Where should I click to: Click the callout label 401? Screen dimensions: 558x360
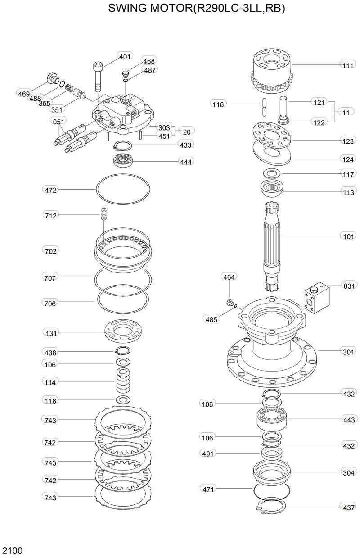point(125,56)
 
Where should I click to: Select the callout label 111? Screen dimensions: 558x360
point(347,65)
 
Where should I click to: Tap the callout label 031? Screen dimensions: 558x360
point(349,285)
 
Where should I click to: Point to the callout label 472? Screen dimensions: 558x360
point(51,190)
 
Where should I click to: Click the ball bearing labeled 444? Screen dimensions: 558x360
point(122,159)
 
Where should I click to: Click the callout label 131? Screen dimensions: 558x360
point(51,333)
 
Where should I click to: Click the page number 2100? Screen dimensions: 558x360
point(13,550)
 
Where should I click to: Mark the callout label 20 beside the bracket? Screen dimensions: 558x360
point(186,132)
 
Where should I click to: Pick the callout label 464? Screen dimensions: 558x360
point(229,277)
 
